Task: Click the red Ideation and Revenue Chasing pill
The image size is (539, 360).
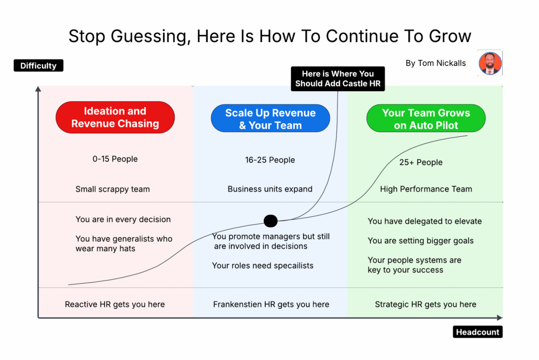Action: (115, 117)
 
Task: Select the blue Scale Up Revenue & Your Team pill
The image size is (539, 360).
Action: (270, 119)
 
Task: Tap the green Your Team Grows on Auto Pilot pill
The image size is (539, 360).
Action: (426, 119)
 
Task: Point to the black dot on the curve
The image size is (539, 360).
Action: (271, 221)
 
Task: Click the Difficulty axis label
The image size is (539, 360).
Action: (38, 66)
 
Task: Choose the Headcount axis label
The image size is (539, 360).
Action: (477, 332)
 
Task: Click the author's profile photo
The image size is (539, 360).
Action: (490, 63)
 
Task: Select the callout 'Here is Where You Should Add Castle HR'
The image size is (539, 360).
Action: (337, 78)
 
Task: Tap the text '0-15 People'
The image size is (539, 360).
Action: (115, 159)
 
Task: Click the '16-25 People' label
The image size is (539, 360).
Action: (270, 160)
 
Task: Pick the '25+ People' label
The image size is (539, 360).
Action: (421, 162)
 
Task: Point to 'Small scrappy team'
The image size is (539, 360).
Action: (113, 189)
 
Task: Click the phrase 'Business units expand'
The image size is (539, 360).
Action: (270, 189)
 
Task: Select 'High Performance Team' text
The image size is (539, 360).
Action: (426, 189)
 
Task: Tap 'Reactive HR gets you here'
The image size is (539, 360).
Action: (115, 304)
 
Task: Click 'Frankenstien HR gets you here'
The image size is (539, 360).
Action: (271, 304)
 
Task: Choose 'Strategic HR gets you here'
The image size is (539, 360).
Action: (425, 304)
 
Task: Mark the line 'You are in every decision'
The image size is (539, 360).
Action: (123, 219)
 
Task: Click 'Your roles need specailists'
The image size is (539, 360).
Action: (263, 266)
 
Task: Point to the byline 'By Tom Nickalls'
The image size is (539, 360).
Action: (435, 63)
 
